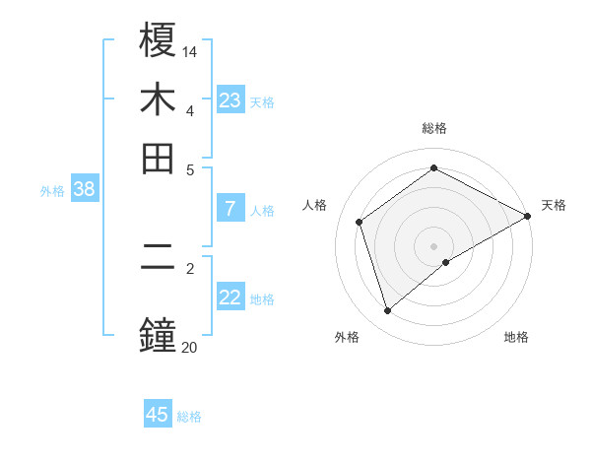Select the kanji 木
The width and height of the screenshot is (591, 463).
tap(159, 101)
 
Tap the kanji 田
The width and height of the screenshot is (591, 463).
tap(159, 159)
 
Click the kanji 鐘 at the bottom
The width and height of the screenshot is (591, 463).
tap(159, 332)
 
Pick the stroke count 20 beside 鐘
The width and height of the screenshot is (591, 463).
tap(190, 346)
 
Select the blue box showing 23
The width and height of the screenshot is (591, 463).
tap(230, 100)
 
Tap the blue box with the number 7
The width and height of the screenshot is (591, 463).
tap(230, 209)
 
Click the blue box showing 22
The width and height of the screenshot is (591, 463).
tap(230, 298)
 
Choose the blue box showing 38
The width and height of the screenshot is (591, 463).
tap(84, 190)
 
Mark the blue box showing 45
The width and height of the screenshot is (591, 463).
tap(158, 415)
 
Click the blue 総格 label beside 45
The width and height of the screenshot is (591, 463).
tap(189, 417)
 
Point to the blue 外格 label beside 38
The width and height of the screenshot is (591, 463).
tap(51, 191)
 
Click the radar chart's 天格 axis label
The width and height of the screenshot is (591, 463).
tap(554, 205)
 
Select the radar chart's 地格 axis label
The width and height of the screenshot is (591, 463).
tap(516, 337)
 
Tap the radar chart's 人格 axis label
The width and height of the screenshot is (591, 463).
tap(314, 205)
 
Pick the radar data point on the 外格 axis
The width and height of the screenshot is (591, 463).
tap(387, 311)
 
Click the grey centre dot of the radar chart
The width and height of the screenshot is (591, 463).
tap(433, 245)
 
